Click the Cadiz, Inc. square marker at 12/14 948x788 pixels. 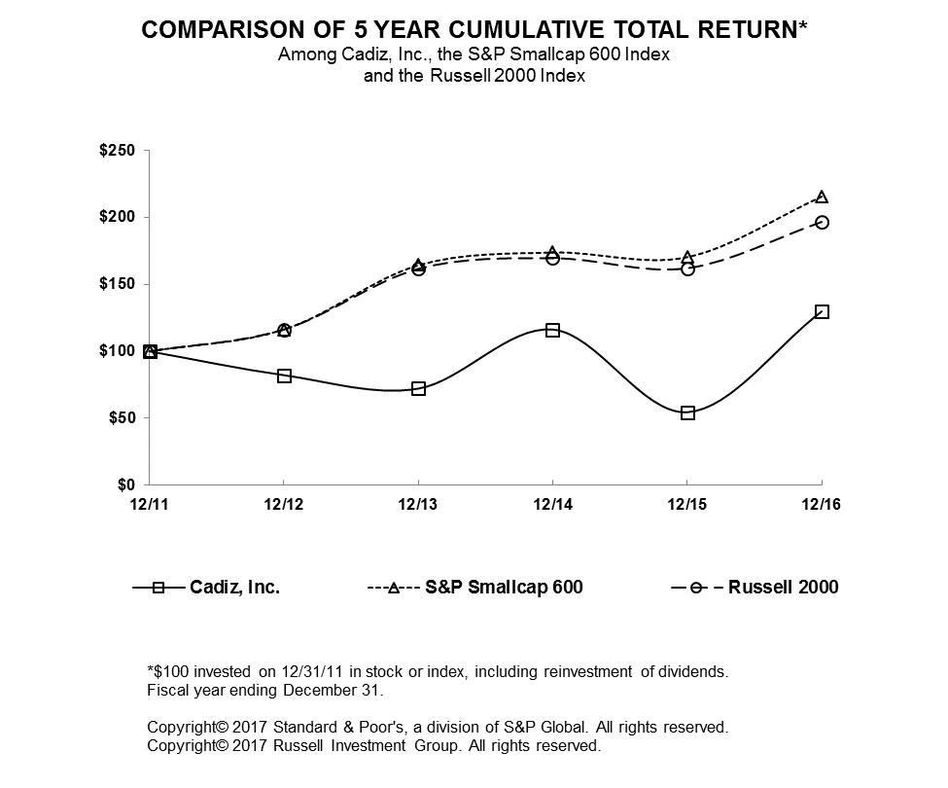[552, 330]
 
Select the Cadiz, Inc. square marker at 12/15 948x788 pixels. [687, 412]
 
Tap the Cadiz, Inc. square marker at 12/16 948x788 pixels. [822, 311]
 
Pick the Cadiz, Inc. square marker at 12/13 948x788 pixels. [418, 388]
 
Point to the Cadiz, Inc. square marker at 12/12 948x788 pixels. [284, 376]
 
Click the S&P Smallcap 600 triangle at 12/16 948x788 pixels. [822, 197]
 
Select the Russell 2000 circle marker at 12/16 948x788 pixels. [822, 222]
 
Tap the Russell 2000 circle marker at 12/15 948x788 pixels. [687, 269]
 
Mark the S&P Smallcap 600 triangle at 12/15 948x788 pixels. [687, 258]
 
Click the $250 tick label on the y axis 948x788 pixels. [120, 151]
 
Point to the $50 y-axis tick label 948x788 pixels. [123, 418]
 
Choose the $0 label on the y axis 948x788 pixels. [127, 484]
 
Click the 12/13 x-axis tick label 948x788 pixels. [418, 504]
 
